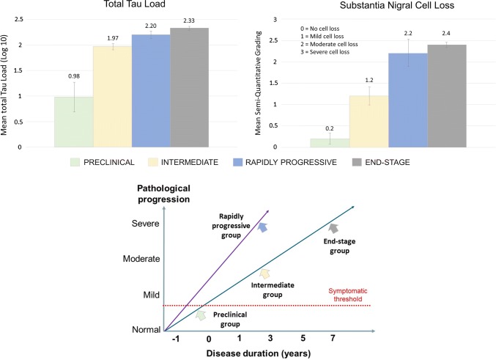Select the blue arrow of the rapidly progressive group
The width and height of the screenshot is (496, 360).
point(262,227)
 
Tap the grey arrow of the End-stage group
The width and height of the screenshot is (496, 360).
point(334,229)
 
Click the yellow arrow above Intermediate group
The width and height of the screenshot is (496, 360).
point(264,273)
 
